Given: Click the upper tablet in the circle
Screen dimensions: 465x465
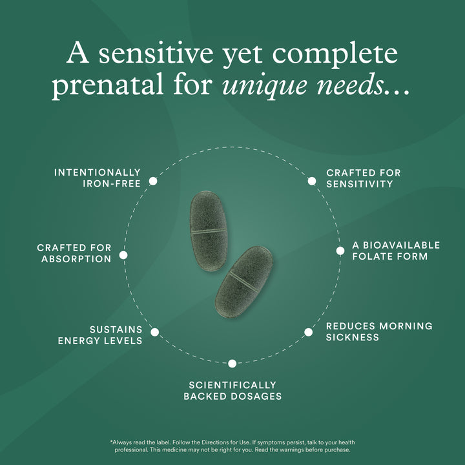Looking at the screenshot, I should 209,231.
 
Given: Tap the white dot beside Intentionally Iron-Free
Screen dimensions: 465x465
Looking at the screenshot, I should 153,181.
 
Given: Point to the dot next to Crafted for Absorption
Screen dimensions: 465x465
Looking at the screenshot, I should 123,255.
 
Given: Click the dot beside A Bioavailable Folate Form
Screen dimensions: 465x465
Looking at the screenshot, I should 340,251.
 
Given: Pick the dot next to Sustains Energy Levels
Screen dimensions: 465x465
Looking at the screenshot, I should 155,332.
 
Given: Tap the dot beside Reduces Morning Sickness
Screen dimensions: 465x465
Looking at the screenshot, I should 309,332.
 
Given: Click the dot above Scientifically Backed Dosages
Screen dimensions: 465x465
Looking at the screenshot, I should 232,364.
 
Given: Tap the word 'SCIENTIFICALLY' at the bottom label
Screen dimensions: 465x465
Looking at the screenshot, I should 232,386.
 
